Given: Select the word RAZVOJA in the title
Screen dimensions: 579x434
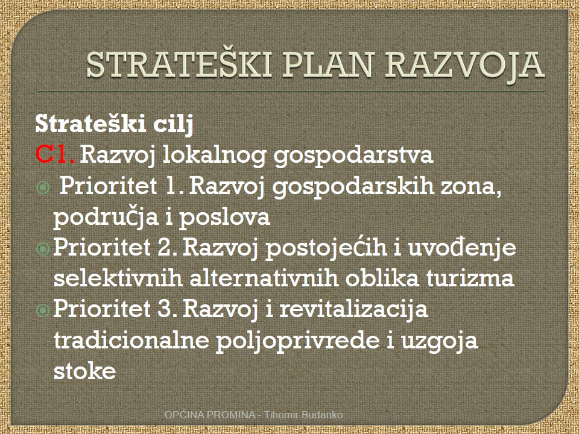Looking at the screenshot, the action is click(x=464, y=66).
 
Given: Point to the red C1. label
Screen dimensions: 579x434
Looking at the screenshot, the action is click(x=55, y=154).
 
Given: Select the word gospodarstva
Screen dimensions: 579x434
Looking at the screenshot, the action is click(x=353, y=156).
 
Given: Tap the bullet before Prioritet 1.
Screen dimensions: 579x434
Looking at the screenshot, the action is click(x=43, y=188).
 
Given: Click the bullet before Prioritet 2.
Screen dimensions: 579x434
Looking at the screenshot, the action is click(x=43, y=249).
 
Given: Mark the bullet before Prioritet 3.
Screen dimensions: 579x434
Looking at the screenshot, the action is click(x=43, y=310).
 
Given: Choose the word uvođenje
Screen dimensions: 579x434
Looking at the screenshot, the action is click(x=462, y=248).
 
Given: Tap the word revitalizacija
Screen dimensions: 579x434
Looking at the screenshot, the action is click(x=353, y=309).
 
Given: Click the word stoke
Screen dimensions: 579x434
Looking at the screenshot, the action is click(x=84, y=370).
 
